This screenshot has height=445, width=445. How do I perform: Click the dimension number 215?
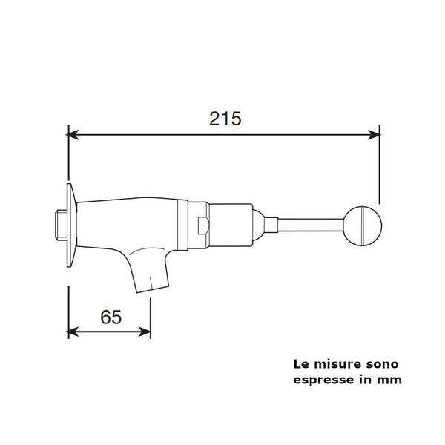pos(225,118)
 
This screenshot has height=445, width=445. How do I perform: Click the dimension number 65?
pos(110,317)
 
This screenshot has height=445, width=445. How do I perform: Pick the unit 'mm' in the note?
pos(391,380)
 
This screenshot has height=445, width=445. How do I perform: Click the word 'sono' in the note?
pos(380,364)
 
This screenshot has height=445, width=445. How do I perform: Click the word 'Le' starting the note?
pos(301,364)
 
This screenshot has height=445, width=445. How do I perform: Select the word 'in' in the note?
pos(365,380)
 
